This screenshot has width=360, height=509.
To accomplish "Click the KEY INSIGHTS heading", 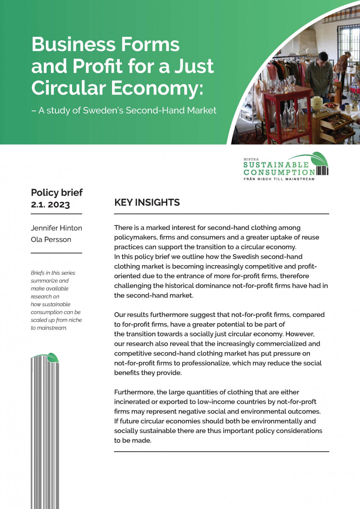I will coord(147,203).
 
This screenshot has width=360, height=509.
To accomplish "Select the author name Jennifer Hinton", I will coord(56,228).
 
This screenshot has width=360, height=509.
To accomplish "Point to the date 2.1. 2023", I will coord(51,204).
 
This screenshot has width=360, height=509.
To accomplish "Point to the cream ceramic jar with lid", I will coord(317,102).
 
